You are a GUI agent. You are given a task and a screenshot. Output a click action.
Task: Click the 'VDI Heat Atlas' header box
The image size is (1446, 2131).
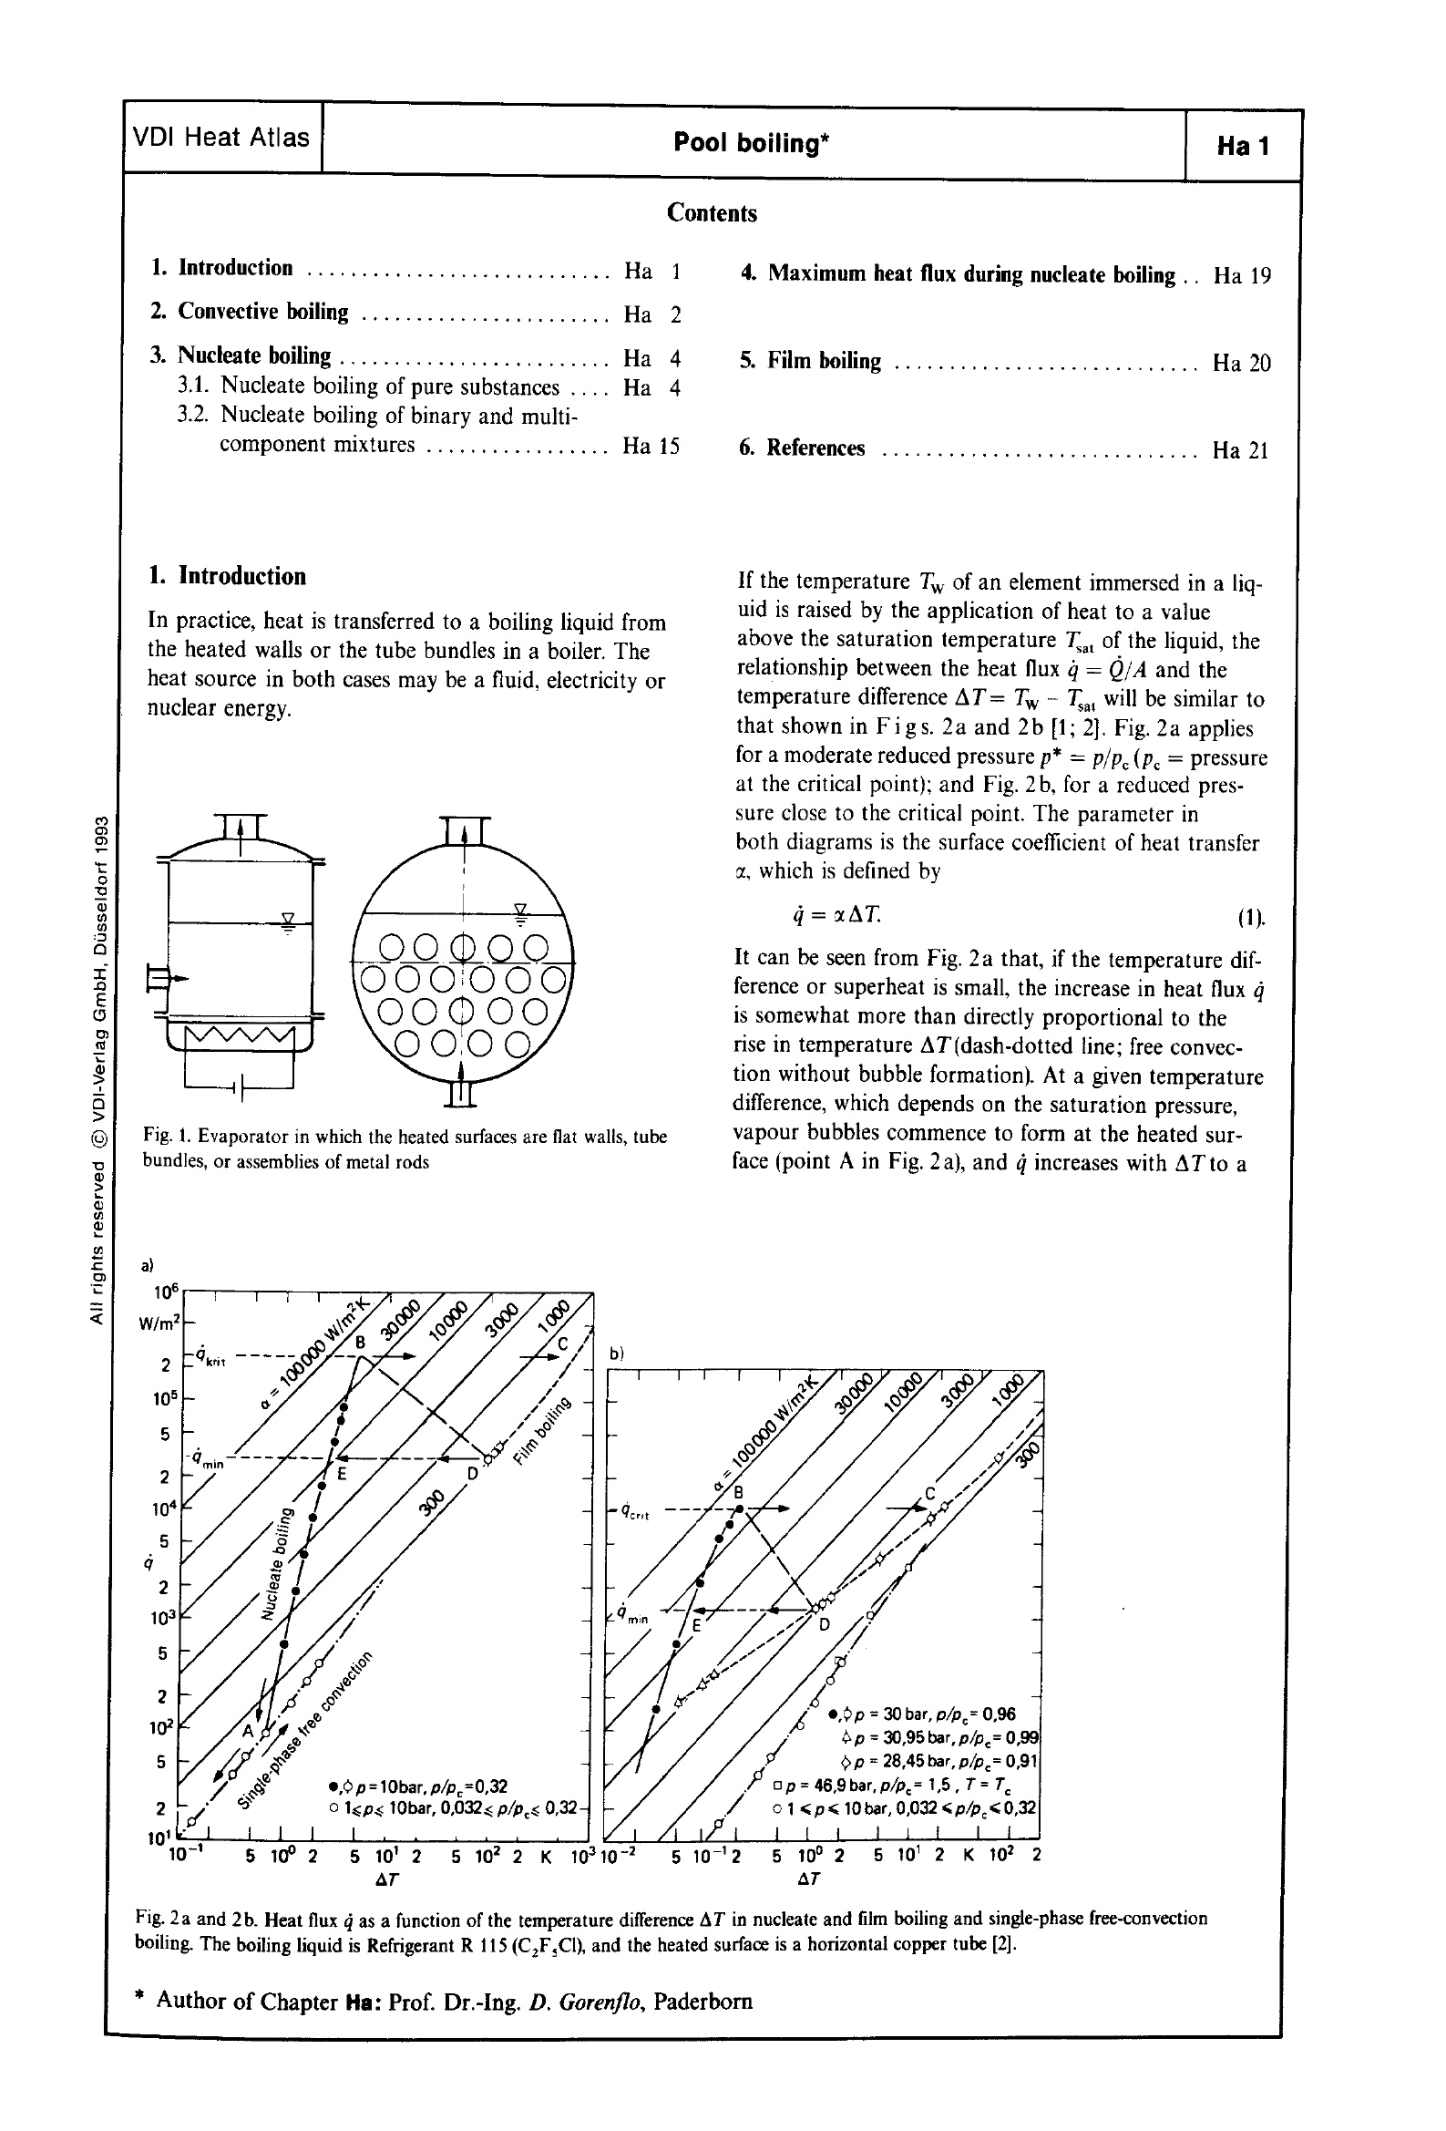click(222, 139)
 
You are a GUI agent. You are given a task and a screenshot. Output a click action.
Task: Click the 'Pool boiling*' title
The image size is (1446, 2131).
click(752, 143)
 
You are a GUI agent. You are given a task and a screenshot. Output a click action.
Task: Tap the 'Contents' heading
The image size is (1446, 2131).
click(712, 213)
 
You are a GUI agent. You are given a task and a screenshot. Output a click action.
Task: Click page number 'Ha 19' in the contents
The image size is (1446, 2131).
click(1242, 276)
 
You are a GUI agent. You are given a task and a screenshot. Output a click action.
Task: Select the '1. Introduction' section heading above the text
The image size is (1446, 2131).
click(229, 577)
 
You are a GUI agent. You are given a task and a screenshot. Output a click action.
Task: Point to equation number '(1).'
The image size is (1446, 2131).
click(1251, 918)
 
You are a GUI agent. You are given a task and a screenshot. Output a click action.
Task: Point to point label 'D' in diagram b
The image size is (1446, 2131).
click(824, 1626)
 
